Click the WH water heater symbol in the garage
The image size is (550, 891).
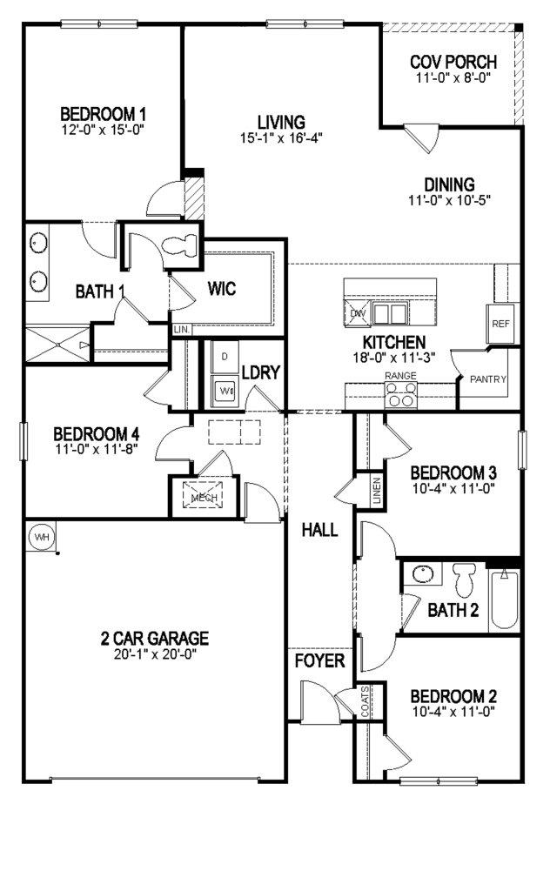40,537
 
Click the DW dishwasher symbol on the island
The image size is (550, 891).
357,313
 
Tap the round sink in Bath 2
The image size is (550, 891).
423,575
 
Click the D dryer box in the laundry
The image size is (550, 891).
224,357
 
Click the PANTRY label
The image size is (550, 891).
488,379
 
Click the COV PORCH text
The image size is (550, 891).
453,63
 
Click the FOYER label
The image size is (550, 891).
319,661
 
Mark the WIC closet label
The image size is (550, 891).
222,288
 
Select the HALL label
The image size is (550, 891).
319,529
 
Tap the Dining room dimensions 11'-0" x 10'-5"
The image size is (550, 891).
449,200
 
